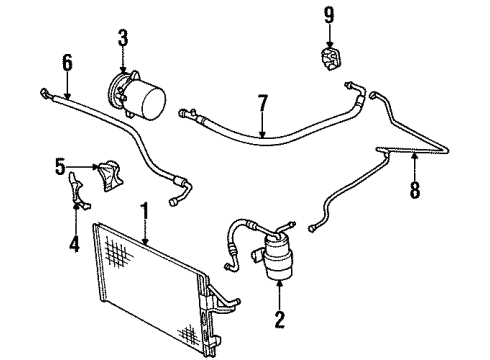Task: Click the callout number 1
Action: tap(145, 211)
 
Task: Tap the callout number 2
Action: tap(281, 322)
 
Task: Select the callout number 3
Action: tap(122, 40)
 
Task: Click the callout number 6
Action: tap(67, 62)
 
